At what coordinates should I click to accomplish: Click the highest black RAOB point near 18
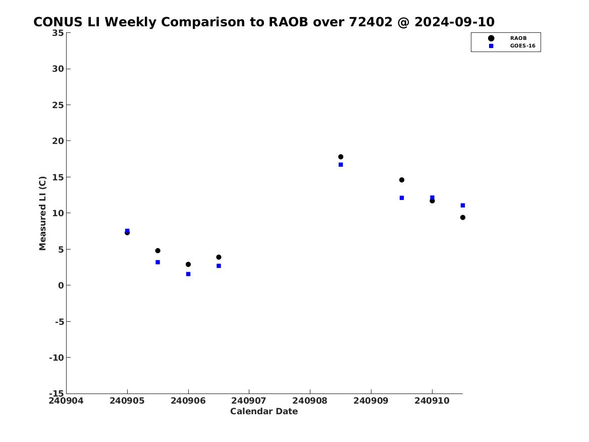(341, 157)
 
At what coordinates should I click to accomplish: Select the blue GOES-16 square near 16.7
(341, 165)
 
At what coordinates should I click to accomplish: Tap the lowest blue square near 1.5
(188, 274)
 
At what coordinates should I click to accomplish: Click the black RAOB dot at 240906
(188, 264)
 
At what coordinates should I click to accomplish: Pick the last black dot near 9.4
(463, 217)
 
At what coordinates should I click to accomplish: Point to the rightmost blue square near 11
(463, 205)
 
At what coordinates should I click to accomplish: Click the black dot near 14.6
(402, 180)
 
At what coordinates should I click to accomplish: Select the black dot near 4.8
(158, 251)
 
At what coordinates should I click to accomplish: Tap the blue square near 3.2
(158, 262)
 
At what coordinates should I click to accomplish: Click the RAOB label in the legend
(518, 38)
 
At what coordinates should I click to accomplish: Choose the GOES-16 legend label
(523, 46)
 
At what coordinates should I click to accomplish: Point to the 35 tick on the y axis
(58, 33)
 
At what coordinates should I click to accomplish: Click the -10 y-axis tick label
(57, 358)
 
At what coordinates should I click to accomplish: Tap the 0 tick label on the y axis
(61, 285)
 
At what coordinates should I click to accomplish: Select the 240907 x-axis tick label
(249, 401)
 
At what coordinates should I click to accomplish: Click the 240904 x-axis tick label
(66, 401)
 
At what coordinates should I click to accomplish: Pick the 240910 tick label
(432, 401)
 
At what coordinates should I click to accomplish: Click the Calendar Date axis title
(264, 411)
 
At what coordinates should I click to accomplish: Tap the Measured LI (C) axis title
(42, 213)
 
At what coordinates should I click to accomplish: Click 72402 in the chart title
(370, 22)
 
